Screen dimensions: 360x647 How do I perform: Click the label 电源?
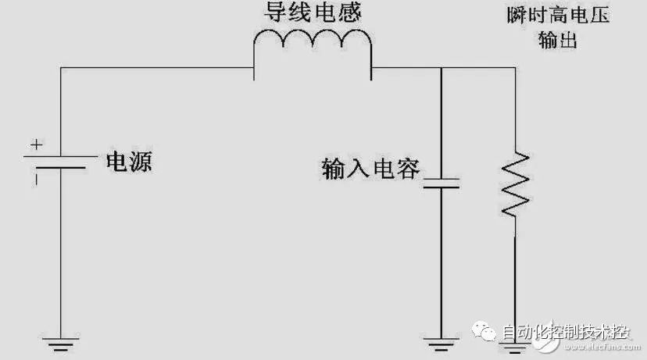(130, 162)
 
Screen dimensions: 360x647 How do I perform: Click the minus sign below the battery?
(34, 178)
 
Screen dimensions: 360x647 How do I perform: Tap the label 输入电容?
(371, 168)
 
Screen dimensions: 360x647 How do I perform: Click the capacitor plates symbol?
(441, 184)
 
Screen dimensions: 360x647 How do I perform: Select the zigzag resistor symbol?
(516, 184)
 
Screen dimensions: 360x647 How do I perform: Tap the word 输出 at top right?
(557, 41)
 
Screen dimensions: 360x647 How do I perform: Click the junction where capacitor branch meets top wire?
(441, 68)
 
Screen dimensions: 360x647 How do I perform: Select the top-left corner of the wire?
(60, 68)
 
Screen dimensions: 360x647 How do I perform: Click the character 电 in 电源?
(118, 162)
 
